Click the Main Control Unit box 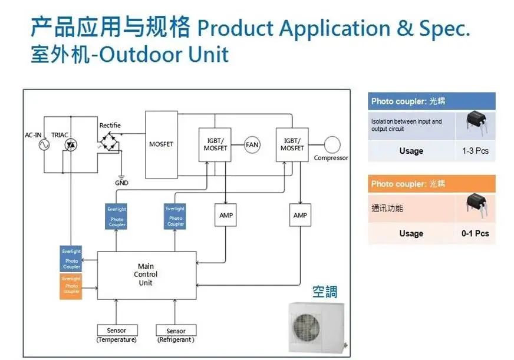pyautogui.click(x=146, y=275)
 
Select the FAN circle pyautogui.click(x=252, y=144)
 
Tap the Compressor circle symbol pyautogui.click(x=332, y=144)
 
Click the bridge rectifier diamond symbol pyautogui.click(x=110, y=142)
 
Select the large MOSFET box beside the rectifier pyautogui.click(x=161, y=145)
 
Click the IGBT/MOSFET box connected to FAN pyautogui.click(x=215, y=144)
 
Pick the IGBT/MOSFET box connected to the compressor pyautogui.click(x=292, y=144)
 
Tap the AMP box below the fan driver pyautogui.click(x=226, y=216)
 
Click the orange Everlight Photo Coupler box pyautogui.click(x=71, y=286)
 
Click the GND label pyautogui.click(x=121, y=183)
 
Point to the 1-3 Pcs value pyautogui.click(x=475, y=151)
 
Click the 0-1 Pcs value pyautogui.click(x=475, y=233)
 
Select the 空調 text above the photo pyautogui.click(x=325, y=293)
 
